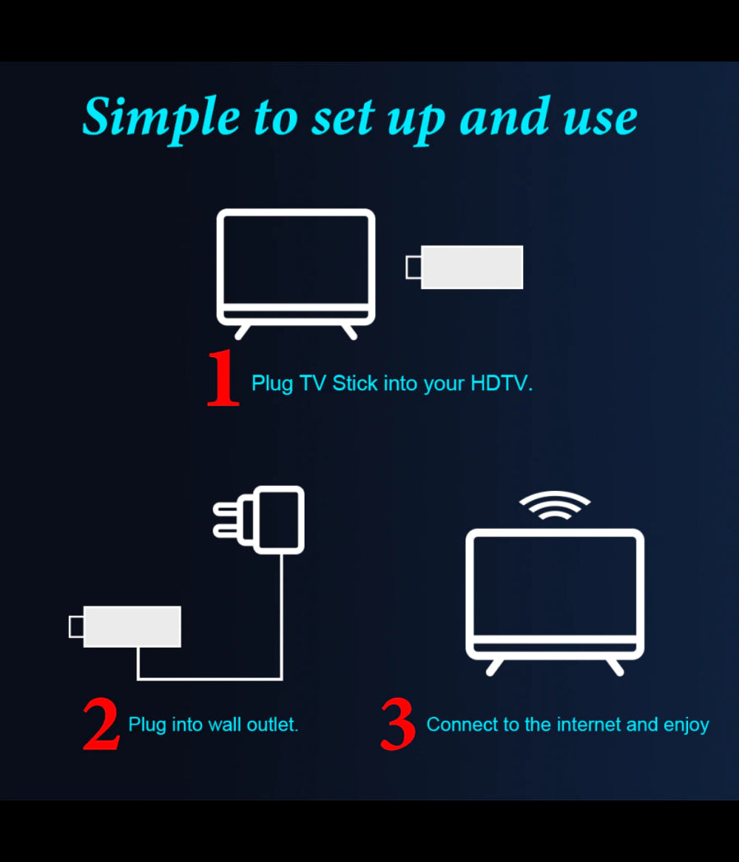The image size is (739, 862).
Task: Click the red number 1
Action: tap(223, 379)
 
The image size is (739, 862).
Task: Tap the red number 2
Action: tap(102, 725)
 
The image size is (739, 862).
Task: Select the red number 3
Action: tap(398, 725)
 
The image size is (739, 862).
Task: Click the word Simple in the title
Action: tap(161, 117)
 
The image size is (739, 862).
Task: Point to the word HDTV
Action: tap(501, 383)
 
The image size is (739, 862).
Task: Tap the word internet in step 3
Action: tap(589, 725)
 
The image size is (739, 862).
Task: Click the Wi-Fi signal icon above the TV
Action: tap(555, 506)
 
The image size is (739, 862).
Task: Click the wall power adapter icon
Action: tap(279, 519)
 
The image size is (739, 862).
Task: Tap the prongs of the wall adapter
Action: tap(230, 519)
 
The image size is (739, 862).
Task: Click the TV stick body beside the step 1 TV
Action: tap(472, 267)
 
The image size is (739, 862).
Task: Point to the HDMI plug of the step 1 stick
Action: tap(414, 267)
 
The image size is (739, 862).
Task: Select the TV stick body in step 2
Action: tap(132, 626)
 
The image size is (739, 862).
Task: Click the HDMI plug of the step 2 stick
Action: tap(76, 626)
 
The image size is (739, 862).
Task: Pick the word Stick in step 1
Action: tap(356, 383)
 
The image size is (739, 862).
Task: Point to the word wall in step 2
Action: tap(224, 725)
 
